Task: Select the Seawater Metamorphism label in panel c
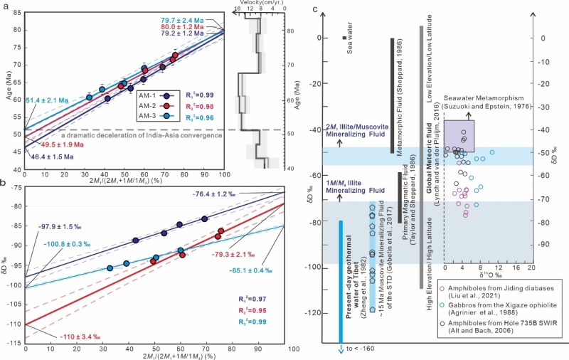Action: pos(486,99)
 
